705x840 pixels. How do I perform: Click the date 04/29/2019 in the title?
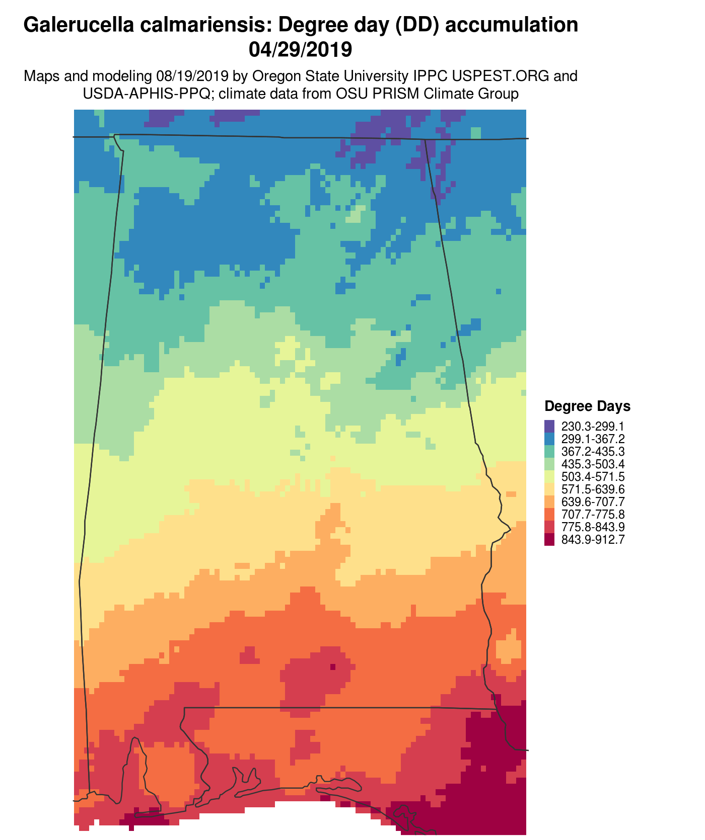point(300,49)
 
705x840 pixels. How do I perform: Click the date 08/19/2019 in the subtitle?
point(187,76)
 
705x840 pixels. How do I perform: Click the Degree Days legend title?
point(587,406)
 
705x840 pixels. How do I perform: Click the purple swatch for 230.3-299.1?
point(549,426)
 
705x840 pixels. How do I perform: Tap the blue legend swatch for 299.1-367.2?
point(549,438)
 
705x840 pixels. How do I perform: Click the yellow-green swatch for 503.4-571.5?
point(549,476)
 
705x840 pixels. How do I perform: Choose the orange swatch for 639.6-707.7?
point(549,502)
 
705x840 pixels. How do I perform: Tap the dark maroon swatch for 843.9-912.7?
point(549,540)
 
